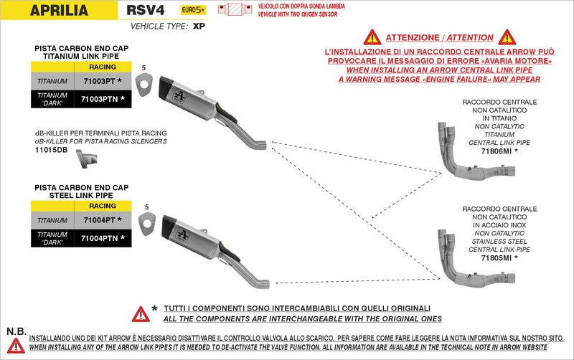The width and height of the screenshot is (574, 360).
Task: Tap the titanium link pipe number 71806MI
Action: click(499, 151)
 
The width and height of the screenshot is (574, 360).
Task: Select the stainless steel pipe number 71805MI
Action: click(499, 257)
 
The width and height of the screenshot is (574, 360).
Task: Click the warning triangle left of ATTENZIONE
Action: click(372, 37)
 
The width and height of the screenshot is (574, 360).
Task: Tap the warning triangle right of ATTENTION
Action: click(507, 37)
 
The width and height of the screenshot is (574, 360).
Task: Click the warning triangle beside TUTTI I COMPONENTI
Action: click(140, 313)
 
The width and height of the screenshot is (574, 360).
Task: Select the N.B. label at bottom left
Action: click(16, 331)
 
